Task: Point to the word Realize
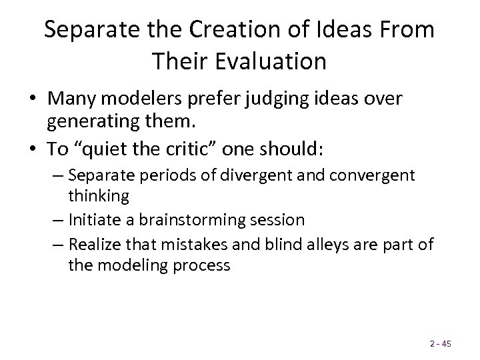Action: [93, 243]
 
